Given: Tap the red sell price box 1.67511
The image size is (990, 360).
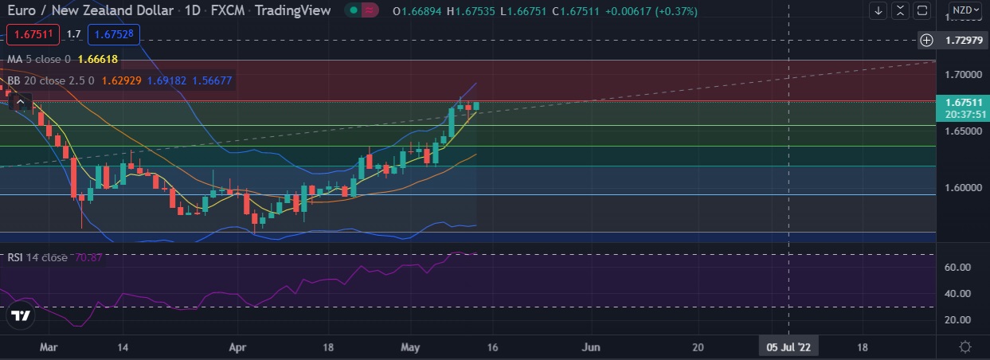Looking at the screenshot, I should click(x=33, y=34).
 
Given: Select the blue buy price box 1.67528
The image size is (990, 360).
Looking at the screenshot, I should click(x=115, y=34).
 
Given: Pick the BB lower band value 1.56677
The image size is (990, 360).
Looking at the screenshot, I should click(x=209, y=80).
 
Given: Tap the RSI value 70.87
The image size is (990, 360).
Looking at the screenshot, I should click(x=92, y=257).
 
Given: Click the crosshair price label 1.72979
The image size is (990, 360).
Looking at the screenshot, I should click(x=962, y=40).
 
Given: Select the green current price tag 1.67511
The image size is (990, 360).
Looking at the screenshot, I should click(x=962, y=102).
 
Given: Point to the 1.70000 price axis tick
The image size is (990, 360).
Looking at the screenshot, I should click(x=962, y=74).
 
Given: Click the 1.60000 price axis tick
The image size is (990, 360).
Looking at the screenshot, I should click(x=962, y=188).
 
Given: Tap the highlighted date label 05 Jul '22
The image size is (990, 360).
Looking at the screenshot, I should click(x=788, y=348).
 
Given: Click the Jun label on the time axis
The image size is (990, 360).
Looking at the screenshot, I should click(x=590, y=348).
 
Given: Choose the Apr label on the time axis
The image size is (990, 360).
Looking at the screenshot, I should click(x=237, y=348).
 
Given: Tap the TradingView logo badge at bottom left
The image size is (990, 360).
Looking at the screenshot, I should click(x=21, y=316).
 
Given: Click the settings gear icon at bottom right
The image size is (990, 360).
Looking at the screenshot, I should click(x=965, y=347).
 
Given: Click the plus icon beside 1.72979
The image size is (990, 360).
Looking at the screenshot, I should click(x=926, y=40).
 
